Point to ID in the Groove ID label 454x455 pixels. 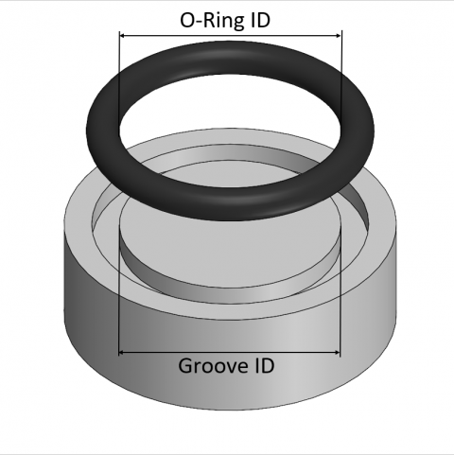pyautogui.click(x=265, y=365)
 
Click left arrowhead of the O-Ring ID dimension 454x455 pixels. pyautogui.click(x=123, y=35)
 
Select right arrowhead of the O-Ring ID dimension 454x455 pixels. pyautogui.click(x=337, y=35)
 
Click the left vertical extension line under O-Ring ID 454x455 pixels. pyautogui.click(x=118, y=57)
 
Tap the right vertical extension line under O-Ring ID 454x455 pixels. pyautogui.click(x=341, y=57)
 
